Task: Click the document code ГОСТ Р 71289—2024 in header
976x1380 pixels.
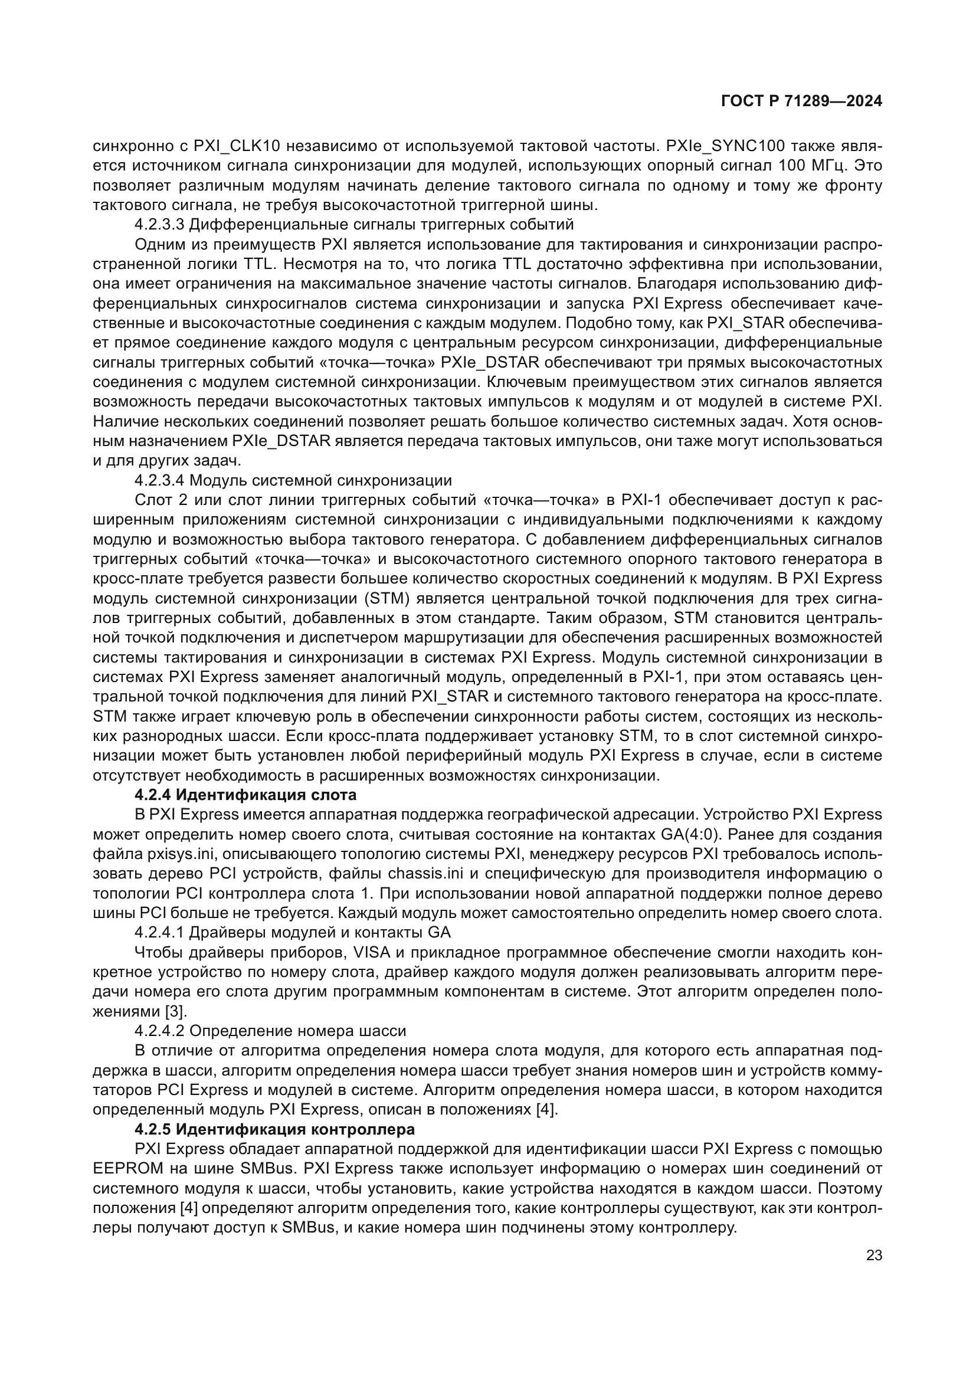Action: pyautogui.click(x=801, y=101)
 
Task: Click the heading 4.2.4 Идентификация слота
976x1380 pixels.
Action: pyautogui.click(x=245, y=795)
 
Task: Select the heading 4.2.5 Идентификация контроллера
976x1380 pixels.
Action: pyautogui.click(x=274, y=1129)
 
